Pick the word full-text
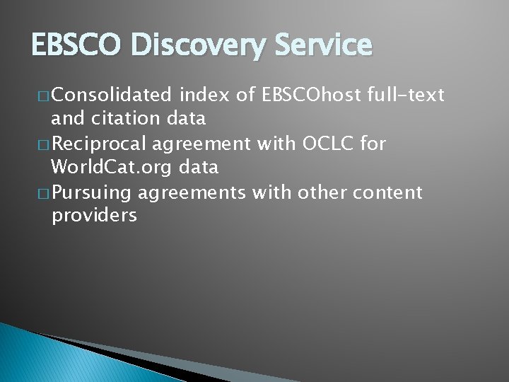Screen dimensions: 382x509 click(406, 93)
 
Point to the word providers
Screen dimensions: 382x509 click(95, 216)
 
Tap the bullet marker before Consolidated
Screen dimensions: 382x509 click(44, 94)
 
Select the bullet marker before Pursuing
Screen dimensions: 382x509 click(44, 193)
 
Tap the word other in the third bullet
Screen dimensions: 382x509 click(320, 192)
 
